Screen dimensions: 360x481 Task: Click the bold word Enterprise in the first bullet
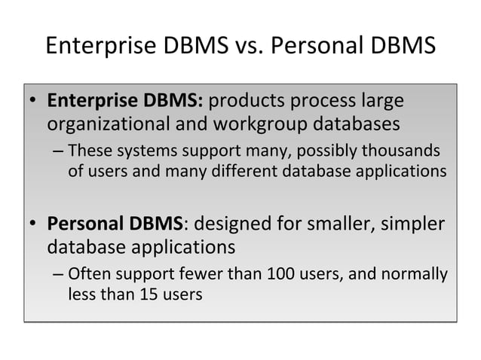(x=93, y=101)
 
